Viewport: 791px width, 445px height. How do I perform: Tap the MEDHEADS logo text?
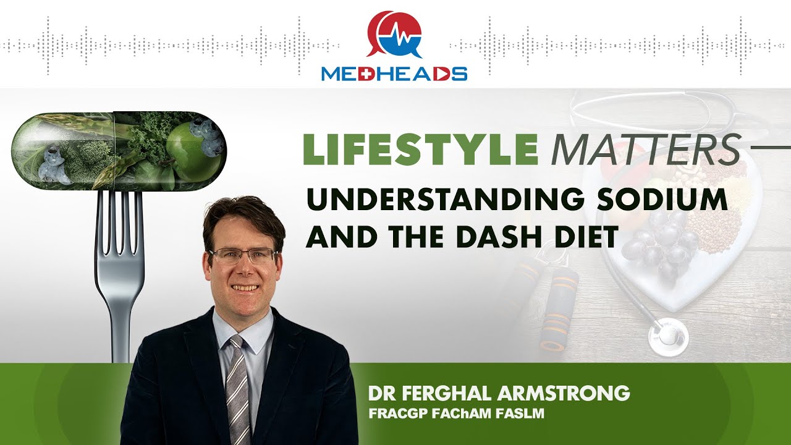394,74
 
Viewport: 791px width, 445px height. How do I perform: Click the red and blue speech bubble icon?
394,34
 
